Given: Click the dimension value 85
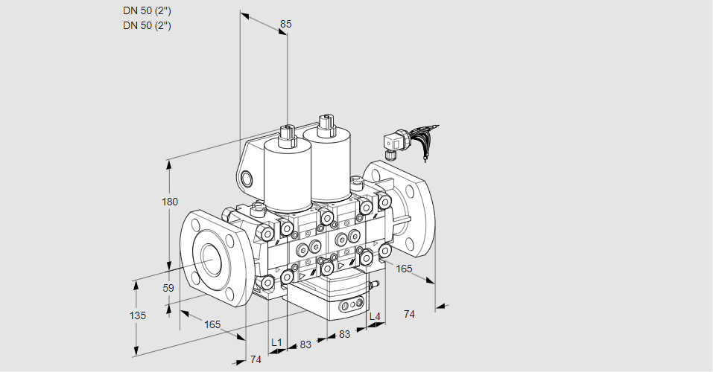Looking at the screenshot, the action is coord(285,24).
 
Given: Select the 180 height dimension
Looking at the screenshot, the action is coord(170,202).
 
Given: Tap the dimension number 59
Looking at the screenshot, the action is coord(168,288).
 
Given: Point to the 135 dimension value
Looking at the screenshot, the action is coord(138,315).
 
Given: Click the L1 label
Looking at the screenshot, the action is coord(276,342).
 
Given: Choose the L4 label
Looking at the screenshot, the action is coord(374,316).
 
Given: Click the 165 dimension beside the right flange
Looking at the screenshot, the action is coord(404,269).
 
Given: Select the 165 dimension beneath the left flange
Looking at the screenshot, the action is coord(212,324).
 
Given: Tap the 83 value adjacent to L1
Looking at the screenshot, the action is coord(305,344).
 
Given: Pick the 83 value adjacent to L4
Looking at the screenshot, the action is coord(345,334).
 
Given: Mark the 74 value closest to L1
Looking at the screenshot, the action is coord(256,359).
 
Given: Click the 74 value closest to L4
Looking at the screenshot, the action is coord(409,314).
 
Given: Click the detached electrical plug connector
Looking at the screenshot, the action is coord(395,144).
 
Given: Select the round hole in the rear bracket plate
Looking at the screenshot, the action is coord(247,179).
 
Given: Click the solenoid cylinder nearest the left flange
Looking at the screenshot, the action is coord(288,174).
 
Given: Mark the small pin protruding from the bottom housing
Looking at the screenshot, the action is coord(375,285).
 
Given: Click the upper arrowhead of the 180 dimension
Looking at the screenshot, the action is coord(170,164).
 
